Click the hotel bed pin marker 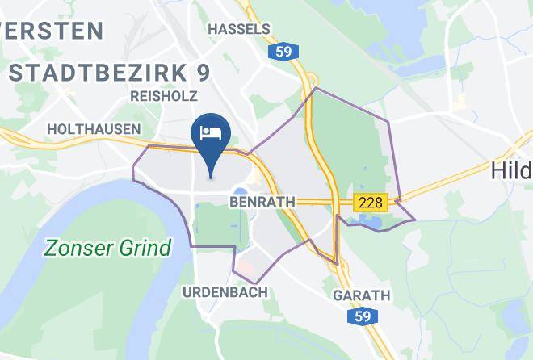pyautogui.click(x=211, y=137)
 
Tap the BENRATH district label pyautogui.click(x=262, y=200)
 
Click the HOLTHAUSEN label pyautogui.click(x=94, y=129)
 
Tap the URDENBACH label pyautogui.click(x=225, y=292)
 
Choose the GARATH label pyautogui.click(x=362, y=295)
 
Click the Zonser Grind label pyautogui.click(x=107, y=247)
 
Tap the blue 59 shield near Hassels pyautogui.click(x=284, y=52)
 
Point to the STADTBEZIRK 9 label pyautogui.click(x=109, y=72)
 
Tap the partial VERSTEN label pyautogui.click(x=52, y=31)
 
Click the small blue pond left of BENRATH pyautogui.click(x=240, y=191)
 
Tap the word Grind pyautogui.click(x=145, y=247)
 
